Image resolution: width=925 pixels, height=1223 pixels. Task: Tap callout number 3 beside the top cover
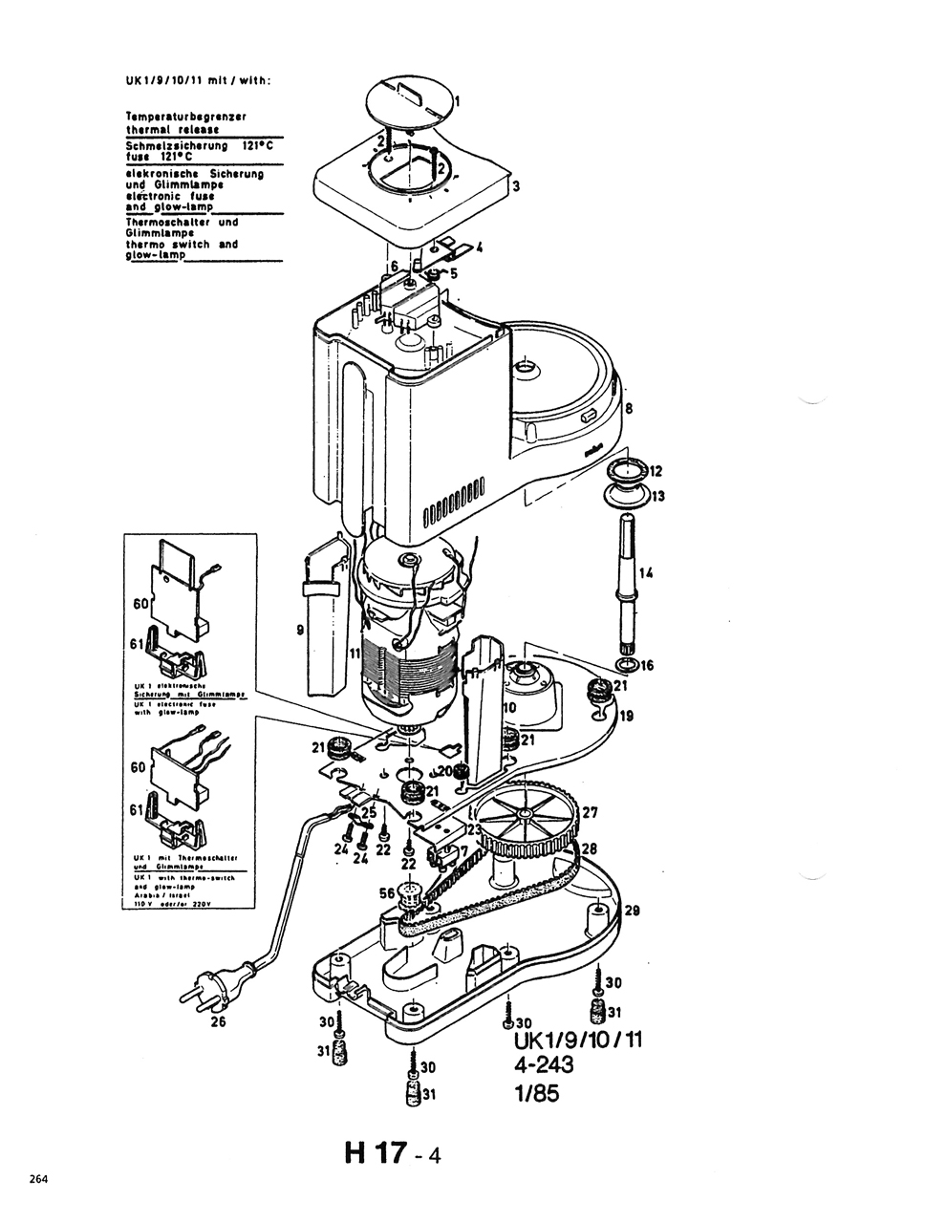pos(516,186)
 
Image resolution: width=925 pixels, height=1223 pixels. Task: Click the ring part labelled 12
pos(625,470)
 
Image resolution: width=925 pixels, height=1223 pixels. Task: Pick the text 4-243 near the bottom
pos(542,1065)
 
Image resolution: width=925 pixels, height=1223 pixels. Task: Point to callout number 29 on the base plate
pos(632,911)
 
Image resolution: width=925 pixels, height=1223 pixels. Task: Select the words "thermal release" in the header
pos(172,128)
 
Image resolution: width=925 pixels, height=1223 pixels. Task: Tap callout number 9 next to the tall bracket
pos(300,629)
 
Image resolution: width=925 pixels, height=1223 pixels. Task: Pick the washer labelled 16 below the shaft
pos(627,665)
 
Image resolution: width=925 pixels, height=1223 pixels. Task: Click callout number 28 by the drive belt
pos(590,848)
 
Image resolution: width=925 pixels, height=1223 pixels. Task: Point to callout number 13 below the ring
pos(657,497)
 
